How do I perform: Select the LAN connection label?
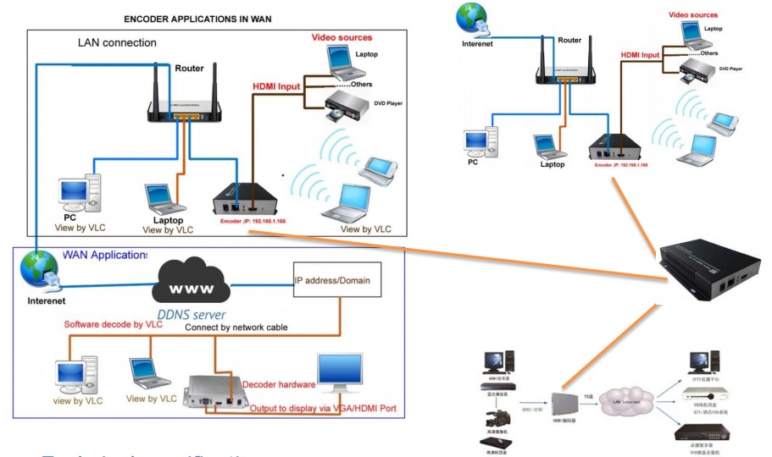(x=116, y=43)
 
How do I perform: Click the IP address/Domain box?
(x=332, y=280)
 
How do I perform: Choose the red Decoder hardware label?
(x=279, y=384)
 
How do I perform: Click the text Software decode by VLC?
(x=112, y=325)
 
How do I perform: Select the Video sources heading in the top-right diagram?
(x=692, y=14)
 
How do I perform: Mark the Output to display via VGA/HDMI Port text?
(x=322, y=409)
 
